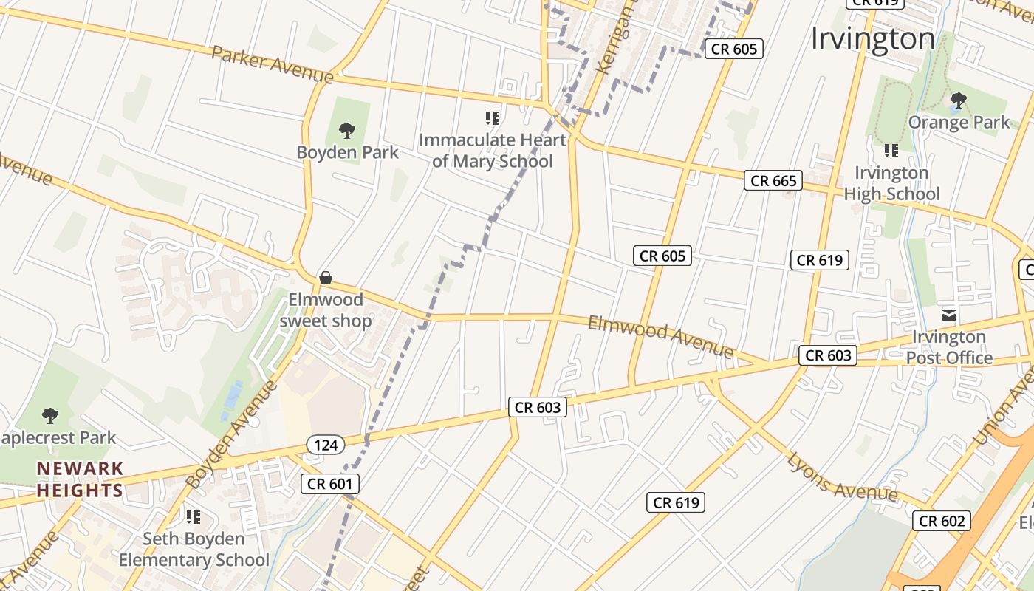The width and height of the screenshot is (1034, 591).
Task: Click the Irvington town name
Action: [x=873, y=38]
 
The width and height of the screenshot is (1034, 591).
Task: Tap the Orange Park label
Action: [x=959, y=122]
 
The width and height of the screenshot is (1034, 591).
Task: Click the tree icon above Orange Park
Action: [x=959, y=100]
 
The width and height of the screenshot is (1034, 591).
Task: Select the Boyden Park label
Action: [x=347, y=153]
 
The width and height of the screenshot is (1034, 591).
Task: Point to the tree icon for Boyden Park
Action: [x=346, y=131]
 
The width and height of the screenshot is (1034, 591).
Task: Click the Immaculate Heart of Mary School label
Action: [x=493, y=151]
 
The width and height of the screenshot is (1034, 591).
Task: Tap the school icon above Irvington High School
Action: [x=891, y=151]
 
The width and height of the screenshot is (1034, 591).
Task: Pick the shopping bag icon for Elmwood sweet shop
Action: [x=325, y=278]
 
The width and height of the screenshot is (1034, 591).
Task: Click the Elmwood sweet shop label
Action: [x=326, y=310]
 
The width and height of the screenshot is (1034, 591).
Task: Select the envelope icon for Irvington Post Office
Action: [x=949, y=315]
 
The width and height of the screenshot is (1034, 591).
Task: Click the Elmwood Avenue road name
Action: [x=660, y=337]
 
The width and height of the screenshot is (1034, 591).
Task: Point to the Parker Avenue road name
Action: [x=272, y=64]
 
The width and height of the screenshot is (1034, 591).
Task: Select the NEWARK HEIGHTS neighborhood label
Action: [x=80, y=479]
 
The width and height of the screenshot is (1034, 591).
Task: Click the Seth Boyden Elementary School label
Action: [x=194, y=550]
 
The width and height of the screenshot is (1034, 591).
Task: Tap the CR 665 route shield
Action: [x=773, y=180]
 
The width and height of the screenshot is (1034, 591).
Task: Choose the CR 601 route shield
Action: [x=330, y=484]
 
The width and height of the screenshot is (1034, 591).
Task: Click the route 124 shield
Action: [x=325, y=445]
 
